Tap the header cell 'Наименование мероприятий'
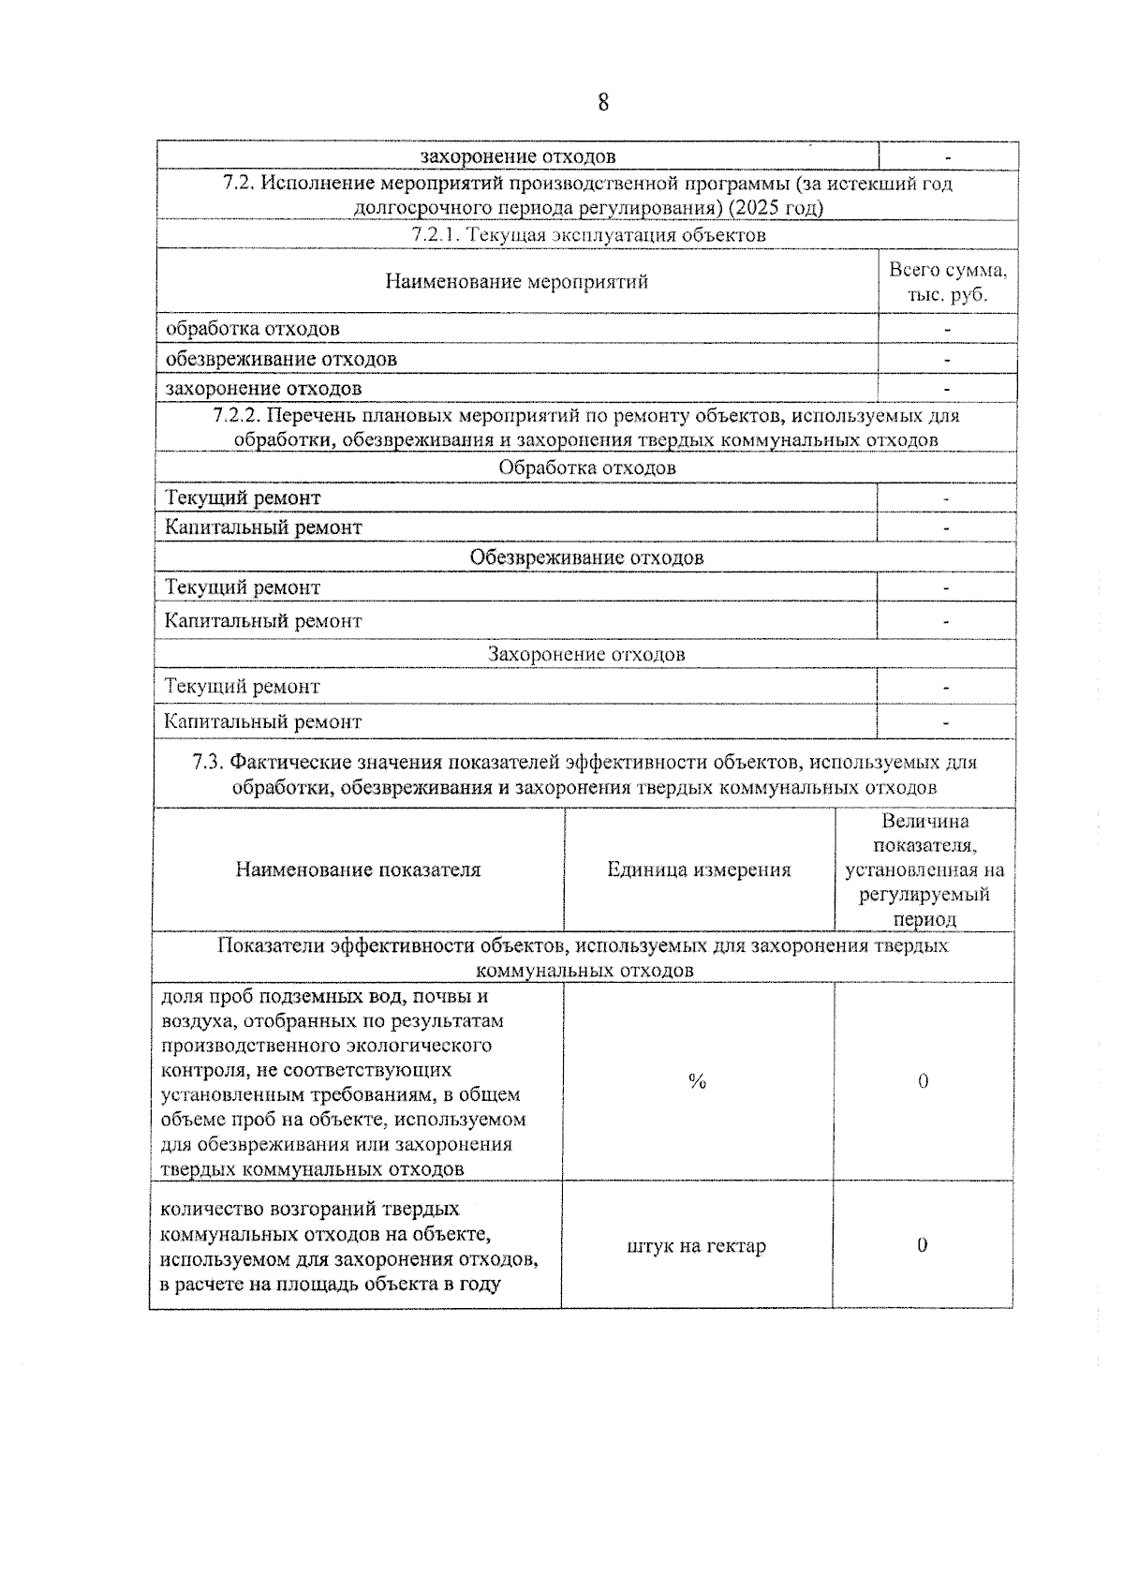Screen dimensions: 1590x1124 [x=516, y=282]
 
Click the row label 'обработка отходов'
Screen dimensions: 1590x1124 [x=252, y=329]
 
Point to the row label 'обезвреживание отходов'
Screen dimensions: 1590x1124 [x=281, y=359]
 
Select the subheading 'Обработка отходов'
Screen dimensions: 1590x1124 [x=586, y=468]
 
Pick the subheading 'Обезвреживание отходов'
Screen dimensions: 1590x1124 [x=586, y=557]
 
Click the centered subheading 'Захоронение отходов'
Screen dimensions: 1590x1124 [x=586, y=654]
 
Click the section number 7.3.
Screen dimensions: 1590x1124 [x=207, y=763]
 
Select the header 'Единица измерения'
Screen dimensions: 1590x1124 [x=699, y=869]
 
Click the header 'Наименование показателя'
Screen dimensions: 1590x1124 [x=358, y=869]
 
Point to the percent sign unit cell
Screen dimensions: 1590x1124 [x=697, y=1081]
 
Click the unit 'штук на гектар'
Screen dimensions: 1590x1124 [x=696, y=1246]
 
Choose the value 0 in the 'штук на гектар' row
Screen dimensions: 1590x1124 [x=923, y=1245]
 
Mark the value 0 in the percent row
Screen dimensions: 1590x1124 [x=924, y=1081]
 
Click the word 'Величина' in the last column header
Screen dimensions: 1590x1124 [x=924, y=822]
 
